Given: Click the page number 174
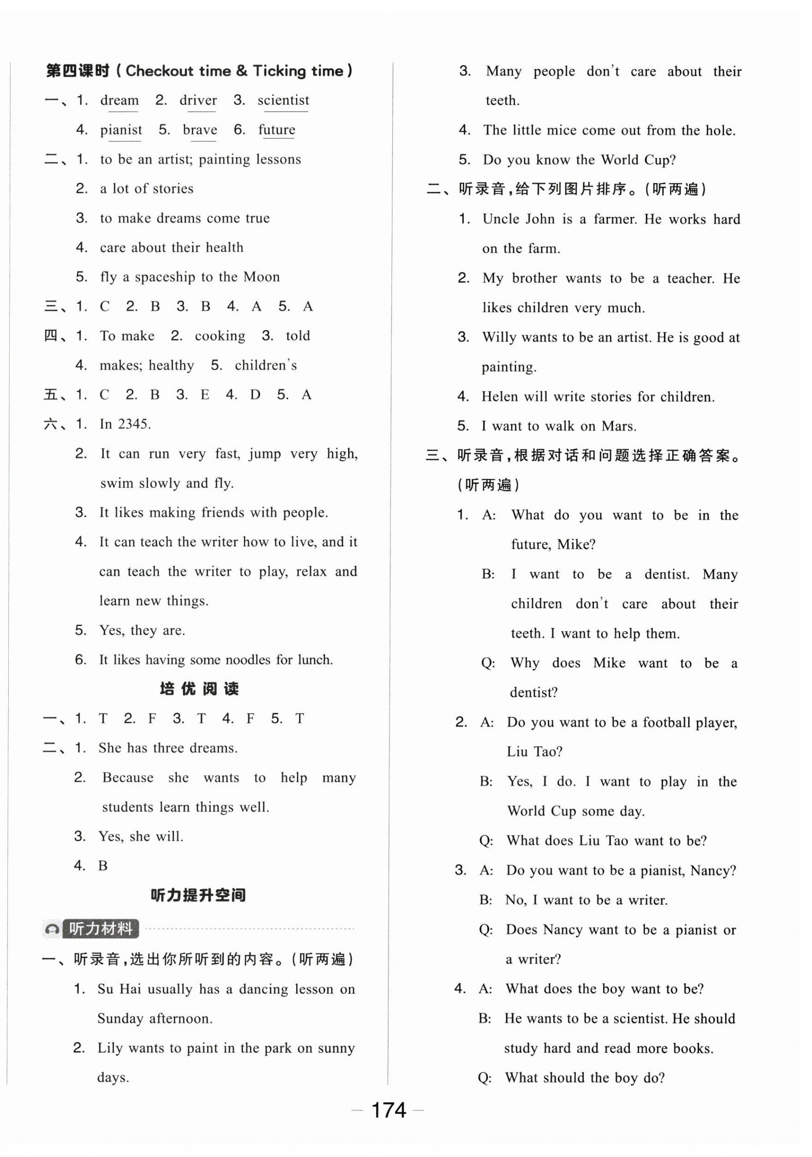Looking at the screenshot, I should [388, 1110].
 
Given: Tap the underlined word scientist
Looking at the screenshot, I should [283, 100].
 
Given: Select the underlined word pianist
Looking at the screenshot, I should [121, 130].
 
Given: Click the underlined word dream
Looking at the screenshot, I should [119, 100].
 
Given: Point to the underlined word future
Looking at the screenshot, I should [277, 130].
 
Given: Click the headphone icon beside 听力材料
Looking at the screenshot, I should [52, 928].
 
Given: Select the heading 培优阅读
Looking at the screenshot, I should [199, 688].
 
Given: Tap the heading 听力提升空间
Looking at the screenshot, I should [199, 895].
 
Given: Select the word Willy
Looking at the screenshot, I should [499, 337].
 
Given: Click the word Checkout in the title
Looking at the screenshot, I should [159, 71].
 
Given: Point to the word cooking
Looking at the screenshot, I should [220, 336].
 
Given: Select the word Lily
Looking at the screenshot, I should [110, 1048].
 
